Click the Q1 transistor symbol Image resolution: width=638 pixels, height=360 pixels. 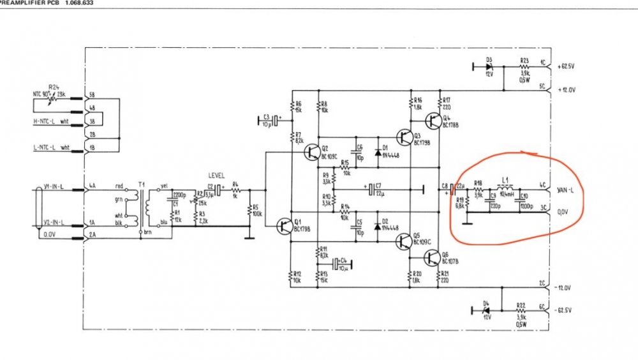tap(285, 225)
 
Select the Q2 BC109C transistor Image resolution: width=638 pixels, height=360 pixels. tap(312, 151)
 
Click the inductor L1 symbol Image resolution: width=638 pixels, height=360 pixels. tap(506, 188)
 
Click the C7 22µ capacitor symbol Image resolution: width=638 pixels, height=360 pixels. tap(370, 190)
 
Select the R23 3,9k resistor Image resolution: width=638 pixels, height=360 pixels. tap(524, 66)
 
